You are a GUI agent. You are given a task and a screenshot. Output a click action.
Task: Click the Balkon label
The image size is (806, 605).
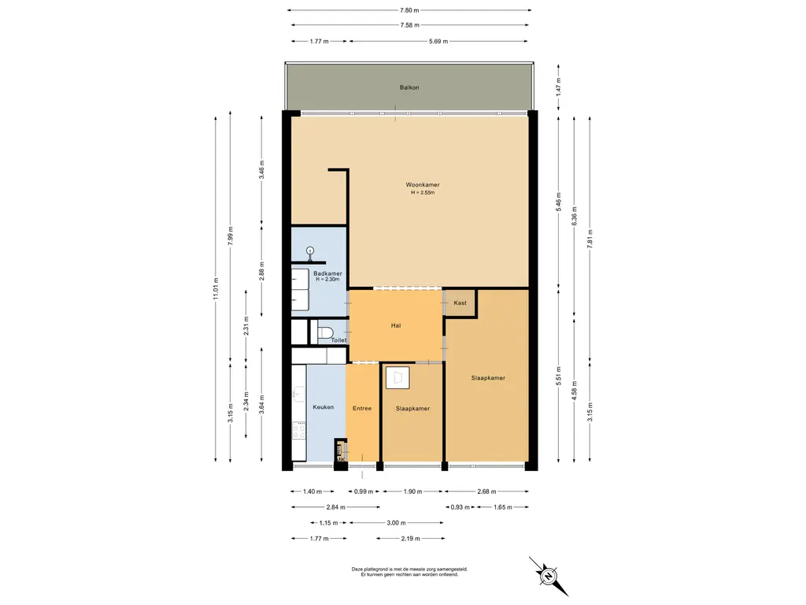click(x=409, y=87)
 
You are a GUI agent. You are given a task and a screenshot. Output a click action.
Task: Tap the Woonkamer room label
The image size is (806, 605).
click(x=423, y=184)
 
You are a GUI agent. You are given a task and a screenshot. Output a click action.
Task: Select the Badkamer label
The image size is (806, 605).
click(x=327, y=273)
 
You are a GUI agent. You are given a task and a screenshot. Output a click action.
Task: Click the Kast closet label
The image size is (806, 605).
click(x=460, y=303)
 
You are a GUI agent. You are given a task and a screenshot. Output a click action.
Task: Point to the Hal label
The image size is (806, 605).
click(x=396, y=325)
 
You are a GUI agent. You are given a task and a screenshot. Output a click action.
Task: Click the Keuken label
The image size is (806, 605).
click(x=324, y=407)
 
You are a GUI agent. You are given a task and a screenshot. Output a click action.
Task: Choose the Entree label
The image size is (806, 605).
click(x=362, y=409)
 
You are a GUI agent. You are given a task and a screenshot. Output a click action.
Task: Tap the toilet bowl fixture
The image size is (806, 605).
click(x=325, y=332)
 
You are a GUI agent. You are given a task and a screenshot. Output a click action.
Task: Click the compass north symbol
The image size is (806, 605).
click(x=549, y=576)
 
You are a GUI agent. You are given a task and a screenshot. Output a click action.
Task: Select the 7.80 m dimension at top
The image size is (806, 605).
click(x=409, y=9)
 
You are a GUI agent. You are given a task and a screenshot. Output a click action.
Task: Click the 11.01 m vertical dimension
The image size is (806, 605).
click(x=216, y=288)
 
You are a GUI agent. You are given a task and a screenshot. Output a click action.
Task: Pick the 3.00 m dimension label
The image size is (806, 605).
click(x=397, y=523)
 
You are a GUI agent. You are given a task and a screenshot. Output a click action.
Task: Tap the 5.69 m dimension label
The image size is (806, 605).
click(x=438, y=41)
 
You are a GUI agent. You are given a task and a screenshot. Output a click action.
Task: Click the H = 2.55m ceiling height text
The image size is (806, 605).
click(x=423, y=193)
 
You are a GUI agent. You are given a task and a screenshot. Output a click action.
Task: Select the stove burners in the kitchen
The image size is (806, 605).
click(x=298, y=430)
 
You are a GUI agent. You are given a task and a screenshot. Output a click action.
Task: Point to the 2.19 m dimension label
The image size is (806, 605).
click(x=410, y=539)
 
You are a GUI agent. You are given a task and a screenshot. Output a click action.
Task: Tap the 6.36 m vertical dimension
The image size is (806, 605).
click(x=575, y=216)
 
